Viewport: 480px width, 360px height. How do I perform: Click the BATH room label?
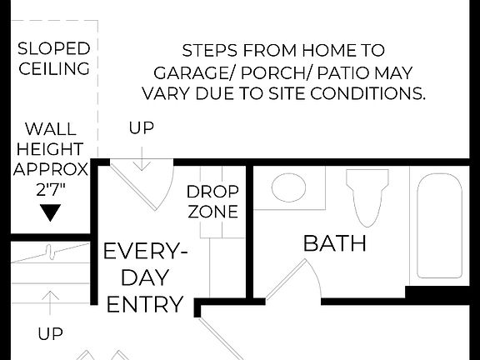coord(334,244)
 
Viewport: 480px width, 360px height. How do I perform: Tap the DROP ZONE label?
coord(212,202)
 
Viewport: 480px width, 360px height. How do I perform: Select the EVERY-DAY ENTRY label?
coord(144,277)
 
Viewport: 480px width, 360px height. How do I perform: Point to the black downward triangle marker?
coord(52,213)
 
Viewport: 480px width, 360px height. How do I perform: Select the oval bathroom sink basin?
coord(289,186)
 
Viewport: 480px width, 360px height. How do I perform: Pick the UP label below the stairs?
coord(51,334)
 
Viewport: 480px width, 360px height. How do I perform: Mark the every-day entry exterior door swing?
coord(140,184)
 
